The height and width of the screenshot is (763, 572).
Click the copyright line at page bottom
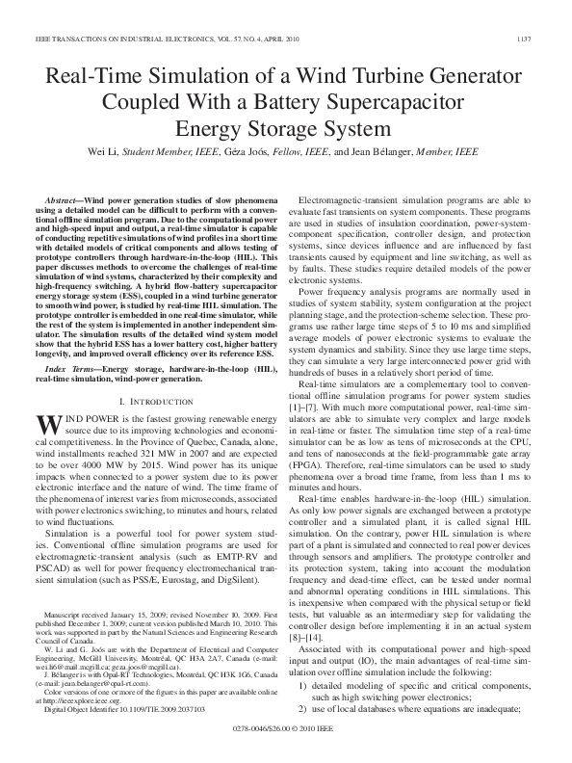point(285,745)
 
